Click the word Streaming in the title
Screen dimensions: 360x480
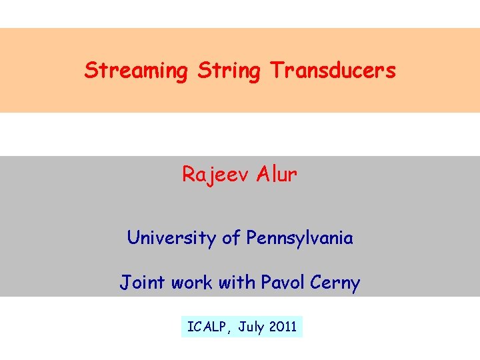click(x=135, y=71)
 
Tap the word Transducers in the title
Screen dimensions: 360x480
click(x=333, y=70)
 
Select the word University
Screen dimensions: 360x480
click(x=166, y=238)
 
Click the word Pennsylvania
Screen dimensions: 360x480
click(x=299, y=238)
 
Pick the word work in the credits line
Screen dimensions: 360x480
click(x=190, y=283)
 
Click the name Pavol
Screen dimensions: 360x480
click(x=282, y=283)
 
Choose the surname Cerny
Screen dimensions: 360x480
click(x=335, y=283)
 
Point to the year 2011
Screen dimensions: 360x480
click(x=283, y=327)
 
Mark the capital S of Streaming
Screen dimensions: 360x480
click(x=90, y=70)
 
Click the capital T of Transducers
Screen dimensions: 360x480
click(x=275, y=70)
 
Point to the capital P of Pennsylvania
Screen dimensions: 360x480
click(x=251, y=237)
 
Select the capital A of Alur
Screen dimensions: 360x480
click(x=263, y=174)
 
